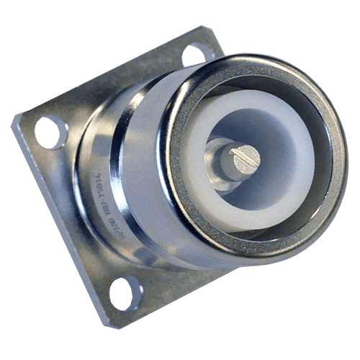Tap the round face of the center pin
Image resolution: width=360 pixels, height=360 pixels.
click(240, 156)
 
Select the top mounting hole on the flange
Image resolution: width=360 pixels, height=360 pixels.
click(196, 54)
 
